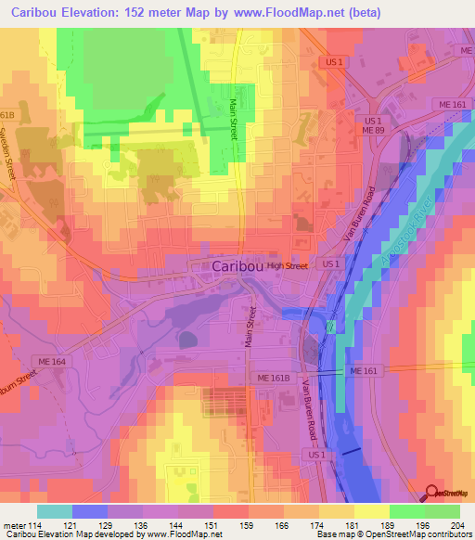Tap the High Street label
[x=287, y=266]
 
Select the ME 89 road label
[x=373, y=133]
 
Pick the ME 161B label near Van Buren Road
[x=276, y=379]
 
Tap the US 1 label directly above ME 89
[x=373, y=122]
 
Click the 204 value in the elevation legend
[x=459, y=525]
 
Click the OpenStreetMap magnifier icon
[x=432, y=495]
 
